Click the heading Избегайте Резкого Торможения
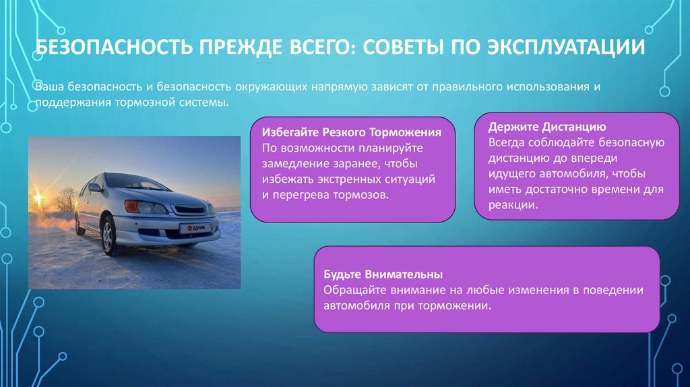click(x=352, y=132)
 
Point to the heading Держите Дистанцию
click(x=548, y=126)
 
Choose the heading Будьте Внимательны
click(x=383, y=274)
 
